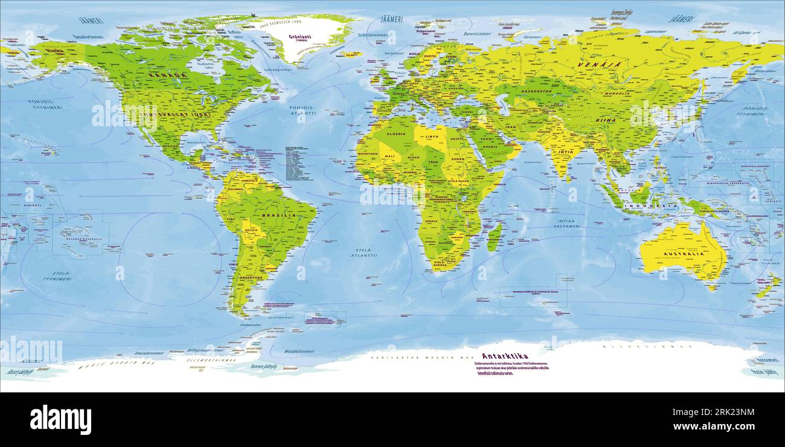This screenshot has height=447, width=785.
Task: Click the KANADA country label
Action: click(167, 76)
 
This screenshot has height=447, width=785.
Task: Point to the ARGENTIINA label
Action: click(250, 277)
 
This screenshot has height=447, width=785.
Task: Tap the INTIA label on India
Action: click(565, 152)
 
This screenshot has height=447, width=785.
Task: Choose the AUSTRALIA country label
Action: click(685, 254)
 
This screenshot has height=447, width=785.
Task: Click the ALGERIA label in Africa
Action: click(396, 134)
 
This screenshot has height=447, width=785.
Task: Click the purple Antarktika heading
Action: click(505, 356)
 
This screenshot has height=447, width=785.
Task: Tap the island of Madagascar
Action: click(493, 236)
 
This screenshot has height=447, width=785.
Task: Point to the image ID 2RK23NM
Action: click(721, 413)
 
